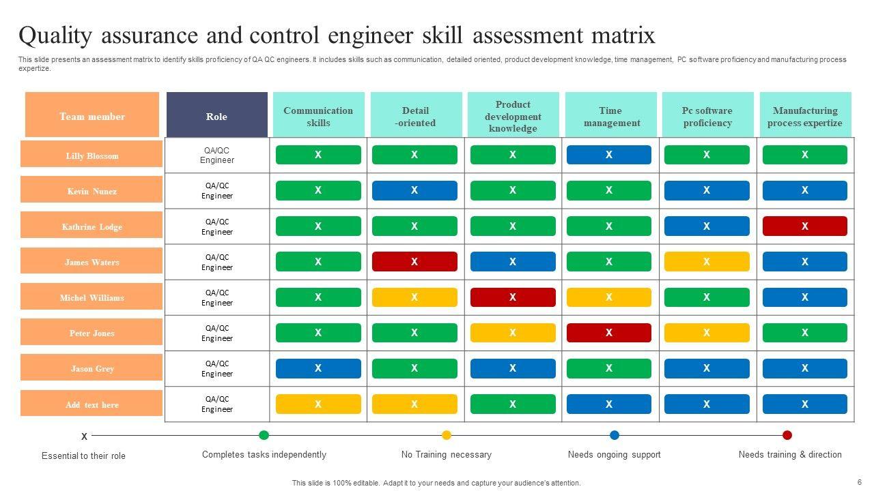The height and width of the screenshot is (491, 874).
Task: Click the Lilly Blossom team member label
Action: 91,155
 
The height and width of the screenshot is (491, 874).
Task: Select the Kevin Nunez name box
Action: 91,190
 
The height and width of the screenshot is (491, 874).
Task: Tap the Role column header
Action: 216,116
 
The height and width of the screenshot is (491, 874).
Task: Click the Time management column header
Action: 610,116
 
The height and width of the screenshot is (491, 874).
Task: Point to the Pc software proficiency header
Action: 707,116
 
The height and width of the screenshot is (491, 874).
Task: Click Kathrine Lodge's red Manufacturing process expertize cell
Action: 804,226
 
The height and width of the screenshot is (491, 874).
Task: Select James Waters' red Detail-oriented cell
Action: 414,261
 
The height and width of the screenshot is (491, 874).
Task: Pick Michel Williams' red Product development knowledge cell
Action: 513,297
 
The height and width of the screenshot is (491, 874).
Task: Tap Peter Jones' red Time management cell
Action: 609,333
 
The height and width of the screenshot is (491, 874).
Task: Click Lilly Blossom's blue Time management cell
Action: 609,155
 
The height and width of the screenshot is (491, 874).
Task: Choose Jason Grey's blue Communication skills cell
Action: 318,368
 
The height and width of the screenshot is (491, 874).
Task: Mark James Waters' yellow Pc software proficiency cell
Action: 707,261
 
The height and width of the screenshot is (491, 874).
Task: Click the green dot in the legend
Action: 264,435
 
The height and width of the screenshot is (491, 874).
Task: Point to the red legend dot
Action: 787,435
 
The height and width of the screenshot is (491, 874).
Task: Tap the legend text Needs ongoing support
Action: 614,454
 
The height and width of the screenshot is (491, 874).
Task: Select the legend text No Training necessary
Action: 446,454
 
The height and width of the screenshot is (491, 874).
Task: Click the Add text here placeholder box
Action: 91,404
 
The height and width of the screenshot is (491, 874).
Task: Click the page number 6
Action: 859,481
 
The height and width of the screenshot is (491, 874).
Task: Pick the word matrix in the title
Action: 625,35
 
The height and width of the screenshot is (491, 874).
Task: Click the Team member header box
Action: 92,116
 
